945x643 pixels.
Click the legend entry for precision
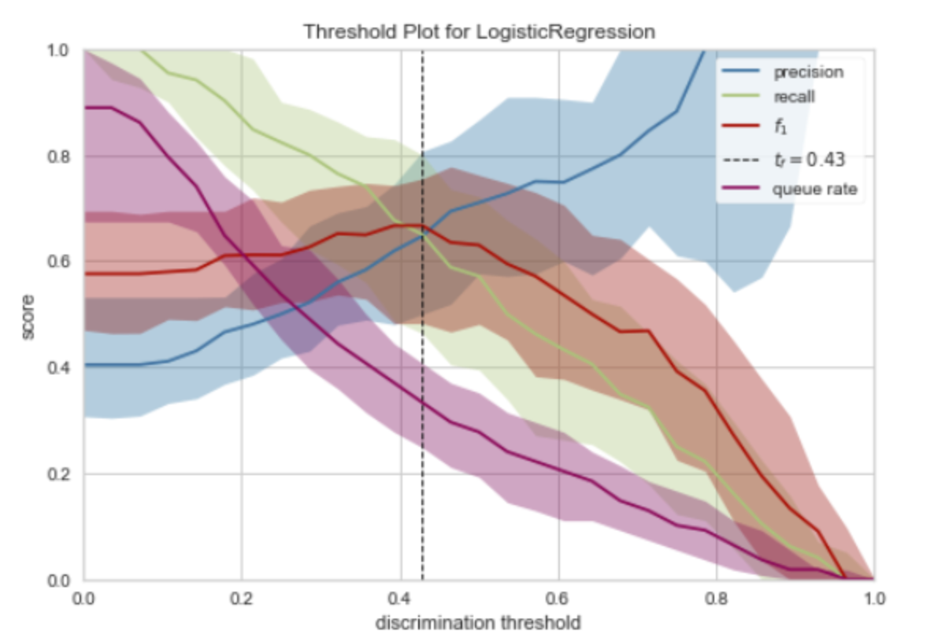pos(809,72)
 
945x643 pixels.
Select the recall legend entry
pos(794,97)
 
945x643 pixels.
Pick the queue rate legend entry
pos(813,188)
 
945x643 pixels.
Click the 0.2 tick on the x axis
pos(242,598)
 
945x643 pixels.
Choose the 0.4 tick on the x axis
pos(400,598)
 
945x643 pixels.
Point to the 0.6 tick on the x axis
pos(558,598)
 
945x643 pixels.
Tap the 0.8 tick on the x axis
pos(716,598)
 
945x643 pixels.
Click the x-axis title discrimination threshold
pos(479,623)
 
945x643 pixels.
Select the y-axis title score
pos(29,317)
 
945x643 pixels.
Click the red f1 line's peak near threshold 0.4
pos(398,225)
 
